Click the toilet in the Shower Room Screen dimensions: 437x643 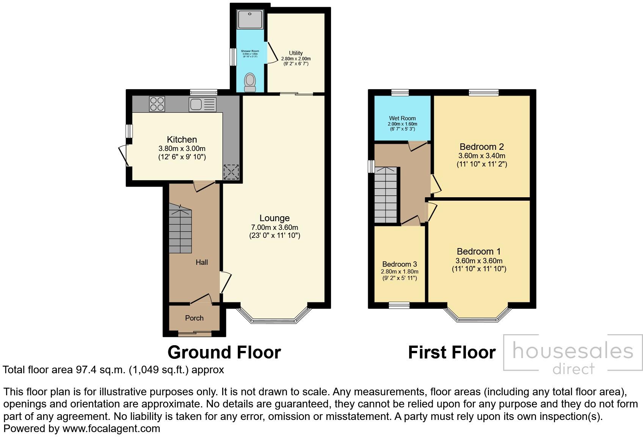[250, 82]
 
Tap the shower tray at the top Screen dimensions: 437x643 [250, 19]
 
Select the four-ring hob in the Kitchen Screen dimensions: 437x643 [157, 104]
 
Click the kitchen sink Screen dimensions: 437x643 [202, 104]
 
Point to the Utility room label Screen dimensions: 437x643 [296, 53]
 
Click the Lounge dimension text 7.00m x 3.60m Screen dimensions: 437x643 [274, 228]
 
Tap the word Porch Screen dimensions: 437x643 [194, 318]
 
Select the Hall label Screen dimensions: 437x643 [202, 262]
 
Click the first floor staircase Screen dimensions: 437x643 [386, 195]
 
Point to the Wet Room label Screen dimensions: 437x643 [402, 118]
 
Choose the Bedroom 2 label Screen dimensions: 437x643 [481, 147]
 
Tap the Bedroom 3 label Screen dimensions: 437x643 [400, 264]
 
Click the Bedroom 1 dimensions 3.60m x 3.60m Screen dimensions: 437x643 [479, 261]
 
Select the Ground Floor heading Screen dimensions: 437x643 [224, 352]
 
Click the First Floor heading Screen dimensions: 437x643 [452, 352]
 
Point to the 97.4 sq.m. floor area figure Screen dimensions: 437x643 [99, 370]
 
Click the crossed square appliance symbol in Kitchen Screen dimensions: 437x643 [231, 172]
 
